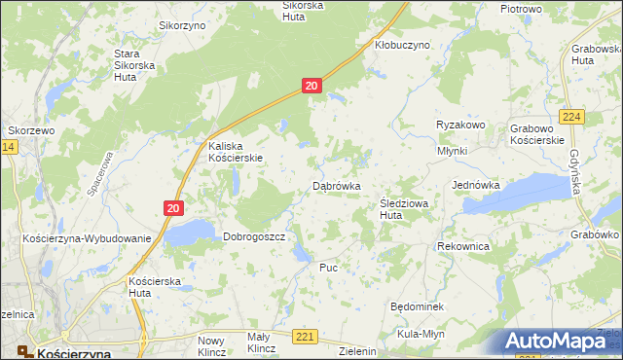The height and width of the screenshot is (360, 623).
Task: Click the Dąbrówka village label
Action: [x=337, y=185]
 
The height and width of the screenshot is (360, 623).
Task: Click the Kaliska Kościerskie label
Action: [x=236, y=152]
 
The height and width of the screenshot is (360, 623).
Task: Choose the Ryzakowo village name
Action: [x=460, y=126]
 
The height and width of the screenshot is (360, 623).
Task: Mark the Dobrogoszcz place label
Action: [x=253, y=236]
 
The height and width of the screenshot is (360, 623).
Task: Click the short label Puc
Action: [x=328, y=266]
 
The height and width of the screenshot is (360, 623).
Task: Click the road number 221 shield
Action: [x=306, y=337]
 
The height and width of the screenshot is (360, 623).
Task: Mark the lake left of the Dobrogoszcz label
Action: [x=190, y=232]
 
